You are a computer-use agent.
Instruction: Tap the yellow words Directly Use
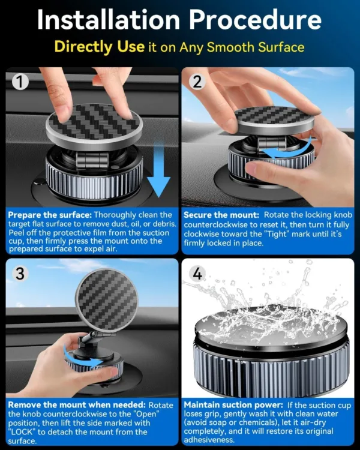(x=99, y=47)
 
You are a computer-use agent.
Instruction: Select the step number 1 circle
(x=21, y=82)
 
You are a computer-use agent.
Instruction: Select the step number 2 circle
(x=197, y=82)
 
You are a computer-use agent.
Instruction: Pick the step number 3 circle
(x=21, y=274)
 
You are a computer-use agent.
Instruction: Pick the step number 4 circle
(x=197, y=274)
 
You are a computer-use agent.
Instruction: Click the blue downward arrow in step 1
(x=158, y=174)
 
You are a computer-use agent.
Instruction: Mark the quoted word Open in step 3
(x=157, y=414)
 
